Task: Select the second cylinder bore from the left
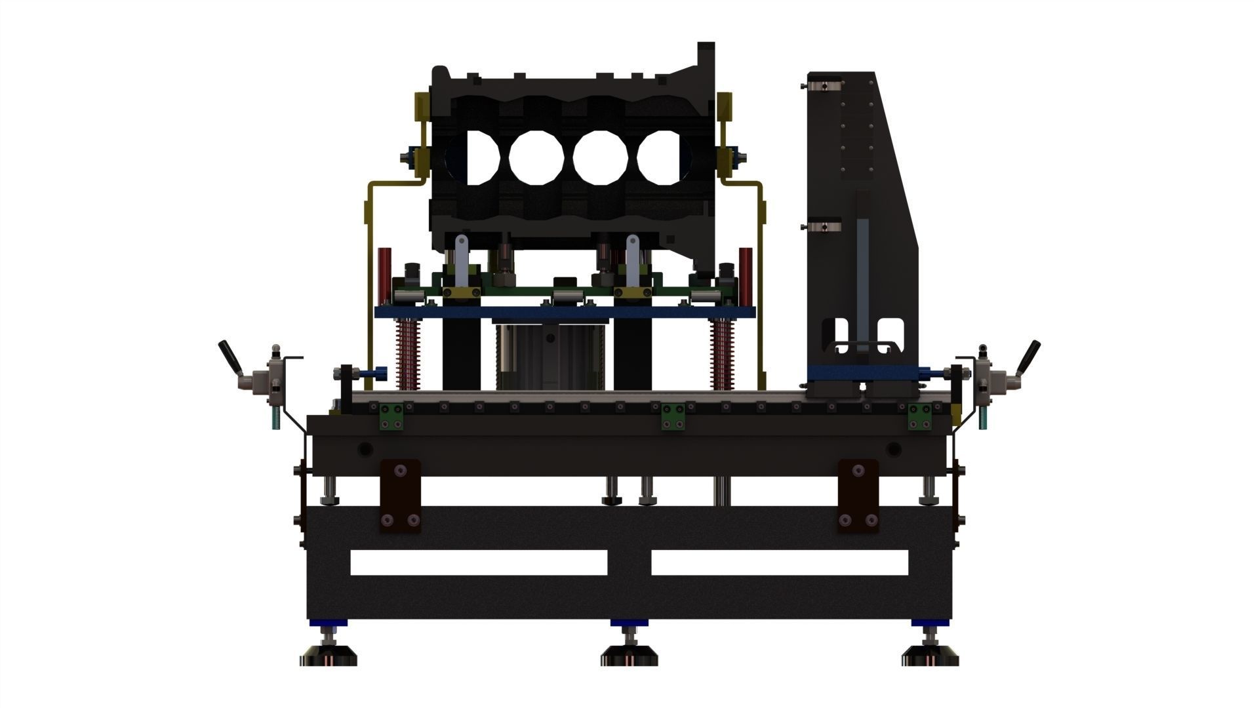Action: click(536, 157)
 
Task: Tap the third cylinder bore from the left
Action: click(601, 157)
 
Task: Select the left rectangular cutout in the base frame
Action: click(479, 562)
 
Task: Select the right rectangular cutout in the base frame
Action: click(779, 562)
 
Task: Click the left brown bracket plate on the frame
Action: click(400, 494)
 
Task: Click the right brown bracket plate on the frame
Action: click(858, 494)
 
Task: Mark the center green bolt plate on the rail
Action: click(673, 417)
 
